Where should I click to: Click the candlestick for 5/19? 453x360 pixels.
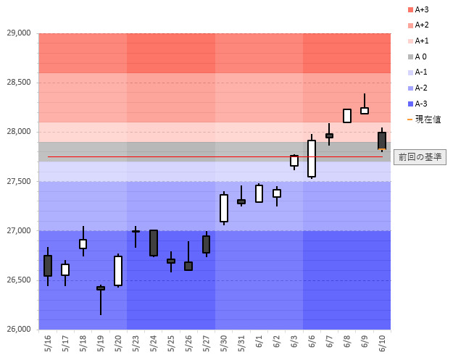pos(101,288)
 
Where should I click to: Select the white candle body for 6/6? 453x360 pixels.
pos(312,158)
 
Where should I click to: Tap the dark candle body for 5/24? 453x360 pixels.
pos(154,243)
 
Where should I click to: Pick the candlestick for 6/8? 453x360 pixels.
pos(347,116)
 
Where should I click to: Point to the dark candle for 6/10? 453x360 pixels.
pos(382,141)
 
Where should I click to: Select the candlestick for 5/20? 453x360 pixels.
pos(118,271)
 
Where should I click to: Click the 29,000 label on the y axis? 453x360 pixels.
pos(18,33)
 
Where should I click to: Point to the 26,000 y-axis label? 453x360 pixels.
pos(18,330)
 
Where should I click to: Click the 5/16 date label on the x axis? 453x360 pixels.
pos(48,343)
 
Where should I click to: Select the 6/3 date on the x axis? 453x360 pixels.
pos(294,343)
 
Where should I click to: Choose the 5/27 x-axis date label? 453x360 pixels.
pos(206,343)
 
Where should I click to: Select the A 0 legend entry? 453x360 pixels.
pos(420,56)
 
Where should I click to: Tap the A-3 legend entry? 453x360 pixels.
pos(420,104)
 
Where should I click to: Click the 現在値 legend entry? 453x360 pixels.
pos(424,119)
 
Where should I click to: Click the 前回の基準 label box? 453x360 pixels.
pos(420,156)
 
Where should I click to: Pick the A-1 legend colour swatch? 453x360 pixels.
pos(410,72)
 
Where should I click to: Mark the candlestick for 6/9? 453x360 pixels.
pos(365,110)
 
